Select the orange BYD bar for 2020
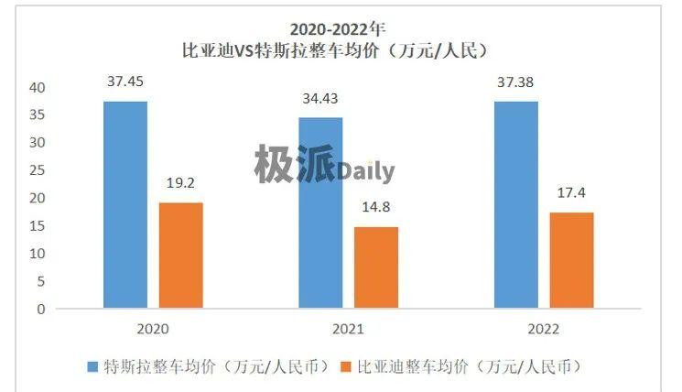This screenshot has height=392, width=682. point(180,256)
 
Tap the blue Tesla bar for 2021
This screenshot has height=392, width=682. point(320,212)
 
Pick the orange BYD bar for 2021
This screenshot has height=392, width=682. point(375,267)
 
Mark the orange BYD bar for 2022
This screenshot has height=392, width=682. point(571,260)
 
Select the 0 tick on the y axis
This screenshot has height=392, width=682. point(40,309)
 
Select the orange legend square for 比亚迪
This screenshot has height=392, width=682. point(345,366)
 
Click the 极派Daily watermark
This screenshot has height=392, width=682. point(324,166)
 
